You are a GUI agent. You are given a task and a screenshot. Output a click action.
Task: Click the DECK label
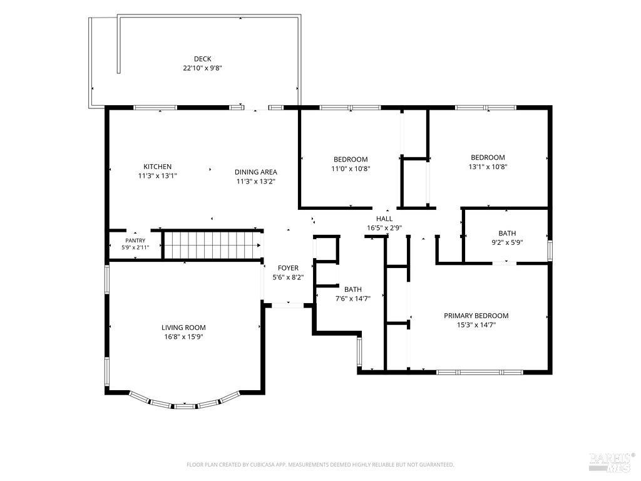click(202, 59)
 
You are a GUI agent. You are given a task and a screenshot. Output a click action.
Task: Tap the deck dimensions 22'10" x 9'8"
click(202, 68)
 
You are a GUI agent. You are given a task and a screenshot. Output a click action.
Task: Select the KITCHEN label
click(157, 167)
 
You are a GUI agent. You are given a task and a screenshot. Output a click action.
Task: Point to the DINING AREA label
click(256, 172)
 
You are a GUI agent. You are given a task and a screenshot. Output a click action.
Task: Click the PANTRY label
click(135, 240)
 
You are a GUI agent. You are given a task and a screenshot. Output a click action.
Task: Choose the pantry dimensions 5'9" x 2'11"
click(135, 247)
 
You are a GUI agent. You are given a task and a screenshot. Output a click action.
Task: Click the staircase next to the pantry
click(213, 246)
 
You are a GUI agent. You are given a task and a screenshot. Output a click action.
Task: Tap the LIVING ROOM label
click(183, 328)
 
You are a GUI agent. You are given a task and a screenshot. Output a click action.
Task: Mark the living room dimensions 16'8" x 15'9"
click(183, 337)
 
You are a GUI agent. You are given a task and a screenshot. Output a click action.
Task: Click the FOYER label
click(288, 268)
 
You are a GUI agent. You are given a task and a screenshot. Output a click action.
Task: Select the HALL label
click(384, 219)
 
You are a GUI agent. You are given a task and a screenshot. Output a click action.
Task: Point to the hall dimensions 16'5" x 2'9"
click(384, 228)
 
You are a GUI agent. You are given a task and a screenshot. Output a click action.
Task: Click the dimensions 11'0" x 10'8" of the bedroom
click(351, 168)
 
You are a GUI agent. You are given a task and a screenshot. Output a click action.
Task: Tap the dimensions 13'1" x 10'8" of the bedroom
click(488, 167)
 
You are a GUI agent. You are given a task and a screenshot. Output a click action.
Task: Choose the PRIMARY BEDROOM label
click(476, 316)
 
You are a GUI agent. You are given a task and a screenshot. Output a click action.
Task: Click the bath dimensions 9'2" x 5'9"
click(507, 242)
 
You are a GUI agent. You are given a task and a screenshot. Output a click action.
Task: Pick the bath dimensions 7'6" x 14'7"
click(353, 299)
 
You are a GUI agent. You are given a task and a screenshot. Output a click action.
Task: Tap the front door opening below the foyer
click(288, 305)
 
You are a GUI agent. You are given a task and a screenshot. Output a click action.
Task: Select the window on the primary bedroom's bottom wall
click(479, 372)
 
